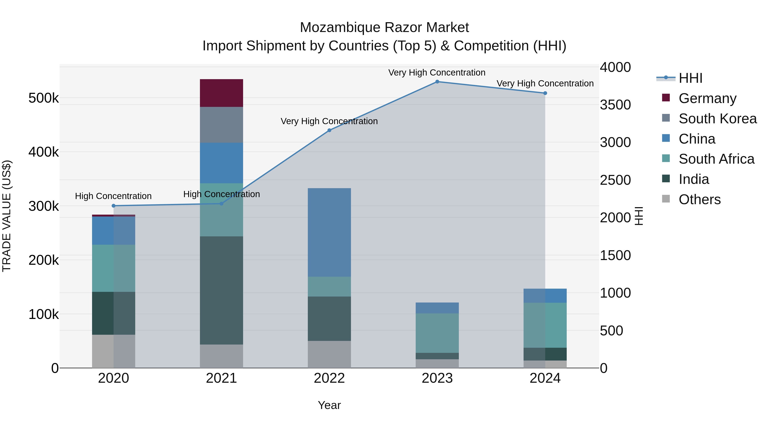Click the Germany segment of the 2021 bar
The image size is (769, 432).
(221, 93)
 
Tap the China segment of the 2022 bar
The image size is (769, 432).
(329, 232)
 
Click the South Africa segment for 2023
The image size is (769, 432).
(437, 333)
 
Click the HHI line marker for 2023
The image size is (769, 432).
(437, 82)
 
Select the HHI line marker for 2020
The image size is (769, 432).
(113, 206)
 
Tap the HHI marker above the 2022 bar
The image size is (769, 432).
(329, 130)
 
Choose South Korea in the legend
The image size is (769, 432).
(717, 119)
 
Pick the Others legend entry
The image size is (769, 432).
(699, 199)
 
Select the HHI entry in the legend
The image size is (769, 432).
(690, 78)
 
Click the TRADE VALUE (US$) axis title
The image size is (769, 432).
(7, 216)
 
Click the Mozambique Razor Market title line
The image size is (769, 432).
(384, 28)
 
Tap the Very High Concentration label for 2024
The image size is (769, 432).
(545, 83)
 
